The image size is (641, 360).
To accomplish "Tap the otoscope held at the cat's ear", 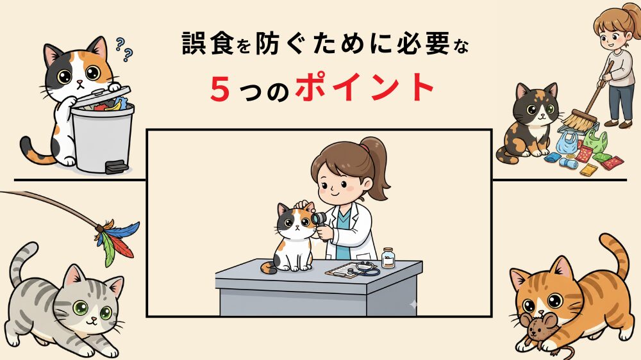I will [317, 220].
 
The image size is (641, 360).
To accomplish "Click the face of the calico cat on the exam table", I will [295, 224].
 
